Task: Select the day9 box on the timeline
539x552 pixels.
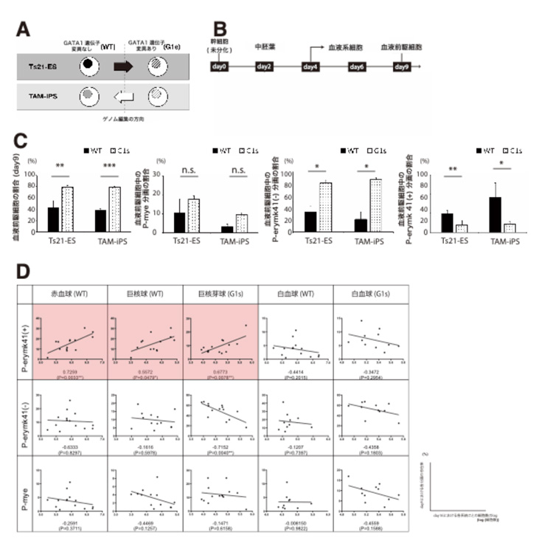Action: (402, 67)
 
